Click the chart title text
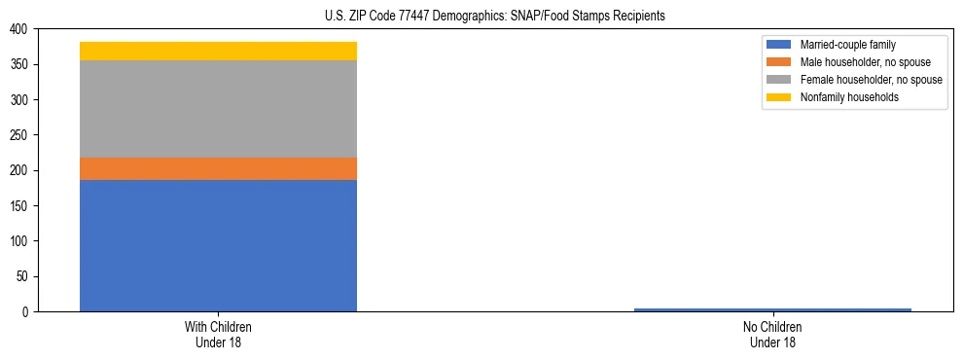pyautogui.click(x=495, y=17)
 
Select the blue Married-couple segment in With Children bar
pyautogui.click(x=218, y=245)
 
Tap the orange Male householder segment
pyautogui.click(x=218, y=168)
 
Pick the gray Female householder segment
pyautogui.click(x=218, y=109)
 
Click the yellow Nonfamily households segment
pyautogui.click(x=218, y=51)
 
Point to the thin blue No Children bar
pyautogui.click(x=772, y=309)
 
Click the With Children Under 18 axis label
pyautogui.click(x=218, y=334)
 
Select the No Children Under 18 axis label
pyautogui.click(x=772, y=334)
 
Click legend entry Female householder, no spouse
pyautogui.click(x=871, y=80)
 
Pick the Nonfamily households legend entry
pyautogui.click(x=849, y=97)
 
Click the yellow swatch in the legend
pyautogui.click(x=779, y=97)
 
